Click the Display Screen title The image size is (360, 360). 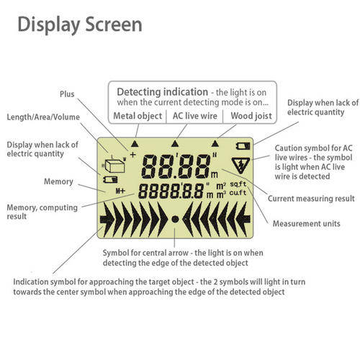pos(80,24)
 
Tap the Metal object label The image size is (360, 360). pos(138,116)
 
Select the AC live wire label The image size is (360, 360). pos(194,116)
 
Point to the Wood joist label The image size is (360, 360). pos(251,116)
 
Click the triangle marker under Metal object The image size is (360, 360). pos(135,144)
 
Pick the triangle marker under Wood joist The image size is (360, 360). pos(215,143)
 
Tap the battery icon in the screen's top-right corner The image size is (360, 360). pos(243,146)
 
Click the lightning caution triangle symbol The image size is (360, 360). pos(240,165)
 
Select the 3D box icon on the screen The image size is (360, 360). pos(114,164)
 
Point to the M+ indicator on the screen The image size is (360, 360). pos(120,191)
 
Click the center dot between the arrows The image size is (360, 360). pos(175,219)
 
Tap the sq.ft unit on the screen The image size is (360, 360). pos(238,184)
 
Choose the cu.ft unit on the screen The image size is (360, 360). pos(238,193)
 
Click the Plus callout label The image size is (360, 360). pos(67,94)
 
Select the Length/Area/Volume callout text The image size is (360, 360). pos(43,117)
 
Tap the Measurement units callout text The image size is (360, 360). pos(307,224)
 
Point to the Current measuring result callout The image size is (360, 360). pos(311,199)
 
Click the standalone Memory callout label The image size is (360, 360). pos(58,181)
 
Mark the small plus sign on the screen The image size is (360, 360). pos(132,155)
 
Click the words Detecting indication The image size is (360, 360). pos(163,92)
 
